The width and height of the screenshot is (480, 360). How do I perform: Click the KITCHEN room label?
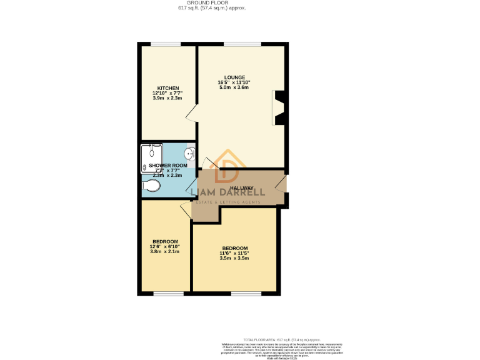click(168, 88)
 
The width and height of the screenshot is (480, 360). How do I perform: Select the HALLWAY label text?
click(241, 188)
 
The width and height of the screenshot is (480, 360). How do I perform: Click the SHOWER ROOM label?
click(163, 166)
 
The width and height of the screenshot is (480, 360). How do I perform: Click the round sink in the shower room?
click(190, 152)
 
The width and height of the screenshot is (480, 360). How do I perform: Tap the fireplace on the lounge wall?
click(279, 107)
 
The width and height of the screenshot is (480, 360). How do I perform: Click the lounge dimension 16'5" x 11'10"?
click(235, 82)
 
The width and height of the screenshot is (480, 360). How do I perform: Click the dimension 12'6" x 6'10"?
click(165, 247)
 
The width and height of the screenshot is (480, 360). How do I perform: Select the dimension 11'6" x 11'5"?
click(234, 252)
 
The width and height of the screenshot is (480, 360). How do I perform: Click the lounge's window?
click(242, 43)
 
